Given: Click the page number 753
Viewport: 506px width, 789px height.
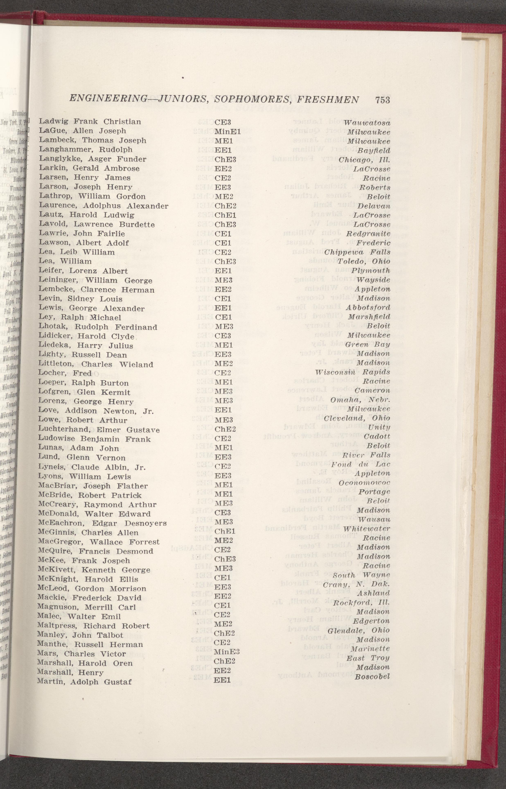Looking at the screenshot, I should coord(381,100).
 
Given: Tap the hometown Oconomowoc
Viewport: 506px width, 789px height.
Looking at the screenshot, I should coord(364,483).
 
